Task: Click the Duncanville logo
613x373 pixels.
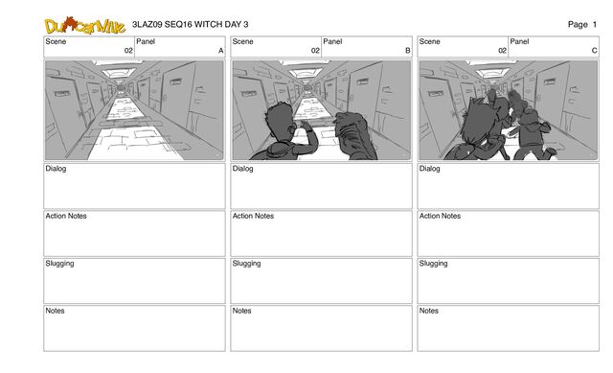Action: click(85, 26)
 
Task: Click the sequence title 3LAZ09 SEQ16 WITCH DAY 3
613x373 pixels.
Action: click(190, 24)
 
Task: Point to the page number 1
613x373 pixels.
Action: click(594, 24)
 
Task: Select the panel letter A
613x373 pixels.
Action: click(221, 51)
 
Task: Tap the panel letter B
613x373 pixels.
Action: click(408, 51)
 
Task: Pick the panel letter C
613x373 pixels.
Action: click(594, 51)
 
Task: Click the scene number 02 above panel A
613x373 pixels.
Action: click(128, 51)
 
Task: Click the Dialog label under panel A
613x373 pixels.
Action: click(56, 169)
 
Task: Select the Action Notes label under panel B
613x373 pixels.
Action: click(253, 216)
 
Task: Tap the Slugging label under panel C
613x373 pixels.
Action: click(433, 264)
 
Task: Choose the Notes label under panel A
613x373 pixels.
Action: click(55, 311)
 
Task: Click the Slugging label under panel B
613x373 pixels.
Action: click(246, 264)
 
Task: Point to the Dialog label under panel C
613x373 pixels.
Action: click(430, 169)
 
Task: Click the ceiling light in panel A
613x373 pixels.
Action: click(119, 73)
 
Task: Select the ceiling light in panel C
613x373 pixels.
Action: click(492, 73)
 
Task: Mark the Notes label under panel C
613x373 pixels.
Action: click(429, 311)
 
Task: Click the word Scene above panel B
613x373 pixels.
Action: click(242, 41)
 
